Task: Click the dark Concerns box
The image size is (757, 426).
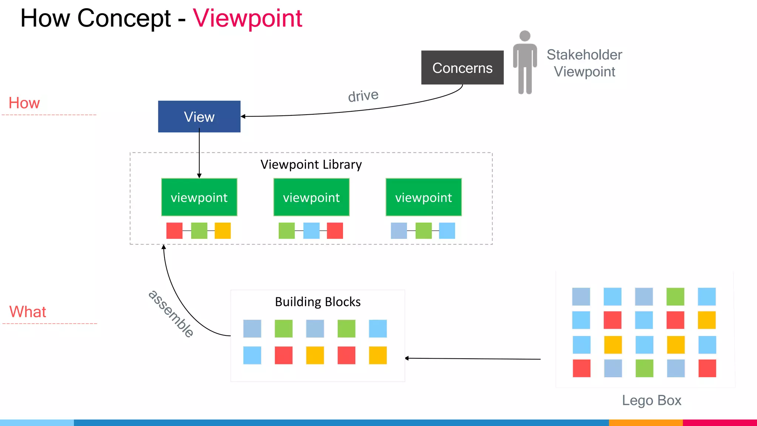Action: click(x=462, y=68)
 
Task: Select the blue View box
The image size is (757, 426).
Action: click(x=199, y=116)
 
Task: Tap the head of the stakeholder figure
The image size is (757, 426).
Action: click(x=525, y=36)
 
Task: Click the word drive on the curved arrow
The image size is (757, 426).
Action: click(x=363, y=96)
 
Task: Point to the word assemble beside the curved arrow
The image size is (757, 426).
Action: click(x=171, y=314)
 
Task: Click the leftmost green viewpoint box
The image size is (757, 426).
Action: click(x=199, y=197)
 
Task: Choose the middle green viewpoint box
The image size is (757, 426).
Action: click(x=311, y=197)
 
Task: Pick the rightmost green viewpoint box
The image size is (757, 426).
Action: click(x=424, y=197)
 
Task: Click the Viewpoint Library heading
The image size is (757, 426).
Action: click(x=311, y=164)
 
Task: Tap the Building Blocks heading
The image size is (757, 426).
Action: click(x=318, y=302)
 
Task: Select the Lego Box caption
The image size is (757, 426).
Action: click(x=651, y=400)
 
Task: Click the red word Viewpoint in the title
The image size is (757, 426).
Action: click(x=247, y=18)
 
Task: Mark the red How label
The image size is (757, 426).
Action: click(x=24, y=103)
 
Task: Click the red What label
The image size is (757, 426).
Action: click(x=28, y=312)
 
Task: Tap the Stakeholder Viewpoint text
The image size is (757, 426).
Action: click(x=584, y=63)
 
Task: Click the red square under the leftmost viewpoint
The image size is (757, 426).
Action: click(x=174, y=231)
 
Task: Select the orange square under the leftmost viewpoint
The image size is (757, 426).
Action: click(x=223, y=231)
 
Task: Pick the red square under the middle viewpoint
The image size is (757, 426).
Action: click(x=335, y=231)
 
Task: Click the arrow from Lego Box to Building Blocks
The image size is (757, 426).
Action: click(x=473, y=358)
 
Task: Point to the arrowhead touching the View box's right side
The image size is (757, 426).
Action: click(x=243, y=116)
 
